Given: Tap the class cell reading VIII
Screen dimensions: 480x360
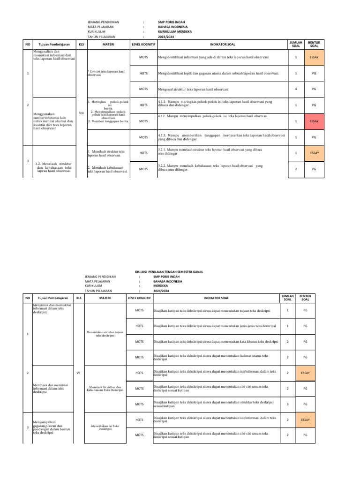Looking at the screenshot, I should (81, 113).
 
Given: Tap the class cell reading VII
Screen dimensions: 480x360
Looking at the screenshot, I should (78, 372).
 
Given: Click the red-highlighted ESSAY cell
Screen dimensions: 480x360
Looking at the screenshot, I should (314, 121).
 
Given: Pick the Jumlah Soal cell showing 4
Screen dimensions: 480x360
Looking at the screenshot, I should (296, 89).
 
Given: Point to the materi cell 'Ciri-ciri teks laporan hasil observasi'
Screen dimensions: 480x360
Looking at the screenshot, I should (107, 73).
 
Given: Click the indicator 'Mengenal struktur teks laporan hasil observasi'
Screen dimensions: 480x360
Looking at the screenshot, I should (193, 89).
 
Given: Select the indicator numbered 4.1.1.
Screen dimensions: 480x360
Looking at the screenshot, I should (215, 102).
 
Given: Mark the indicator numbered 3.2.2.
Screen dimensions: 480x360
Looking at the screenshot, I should (210, 168).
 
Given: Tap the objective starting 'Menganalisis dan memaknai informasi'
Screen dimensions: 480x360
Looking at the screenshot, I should (54, 55).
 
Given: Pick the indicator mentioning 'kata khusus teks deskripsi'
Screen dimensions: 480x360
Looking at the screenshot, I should (216, 341).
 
